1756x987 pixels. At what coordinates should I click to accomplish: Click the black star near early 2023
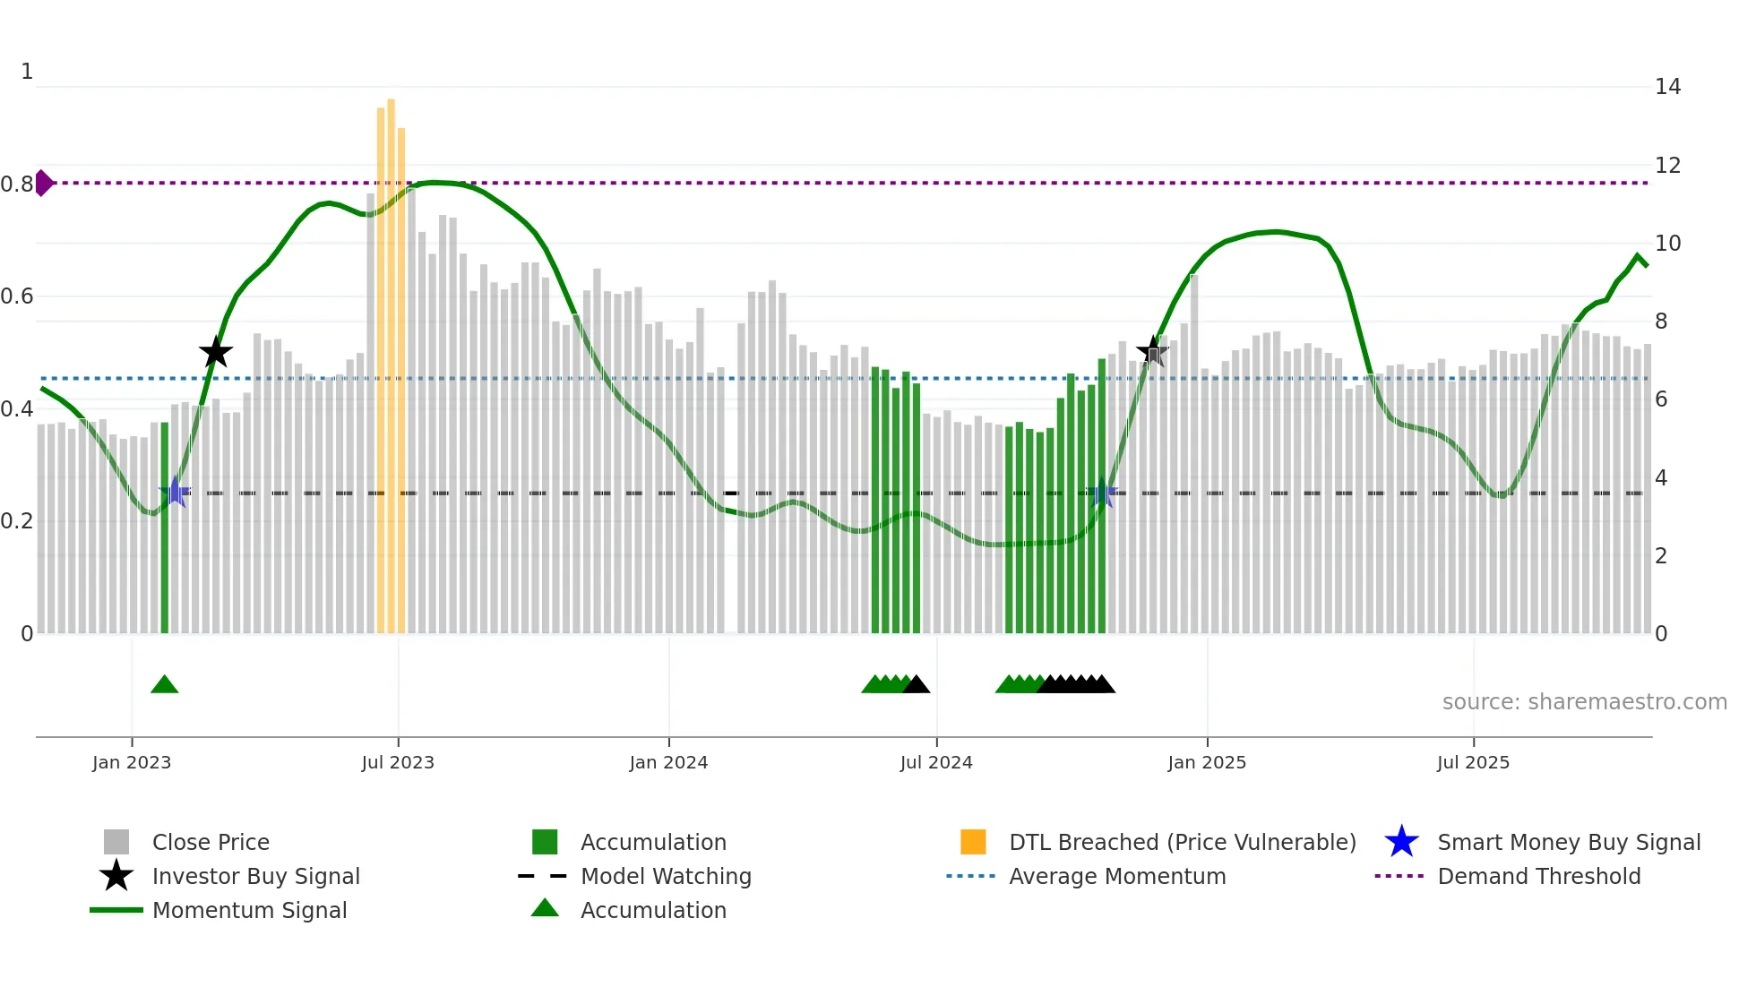point(215,353)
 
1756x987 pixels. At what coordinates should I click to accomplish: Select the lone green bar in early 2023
point(165,528)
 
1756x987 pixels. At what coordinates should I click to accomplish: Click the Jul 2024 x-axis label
point(936,762)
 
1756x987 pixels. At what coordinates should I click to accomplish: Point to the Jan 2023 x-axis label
point(132,762)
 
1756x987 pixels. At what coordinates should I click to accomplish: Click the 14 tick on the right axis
point(1667,87)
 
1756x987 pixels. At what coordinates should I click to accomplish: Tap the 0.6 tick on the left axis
point(18,296)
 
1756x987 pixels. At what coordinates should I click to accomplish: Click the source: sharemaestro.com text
point(1584,702)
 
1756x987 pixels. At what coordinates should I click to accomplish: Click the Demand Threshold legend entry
point(1538,877)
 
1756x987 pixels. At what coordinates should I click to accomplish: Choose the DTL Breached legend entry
point(1182,843)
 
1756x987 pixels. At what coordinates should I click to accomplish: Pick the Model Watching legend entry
point(665,877)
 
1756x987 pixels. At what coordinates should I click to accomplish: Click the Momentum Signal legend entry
point(249,911)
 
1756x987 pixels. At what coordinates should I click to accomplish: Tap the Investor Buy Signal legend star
point(116,876)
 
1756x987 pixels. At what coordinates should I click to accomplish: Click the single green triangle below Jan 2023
point(165,685)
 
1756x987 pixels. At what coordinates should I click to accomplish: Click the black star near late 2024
point(1153,352)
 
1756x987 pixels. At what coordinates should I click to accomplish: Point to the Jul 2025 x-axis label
point(1473,762)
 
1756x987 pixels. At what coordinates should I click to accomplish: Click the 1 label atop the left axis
point(27,72)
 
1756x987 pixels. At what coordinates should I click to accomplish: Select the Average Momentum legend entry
point(1116,877)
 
